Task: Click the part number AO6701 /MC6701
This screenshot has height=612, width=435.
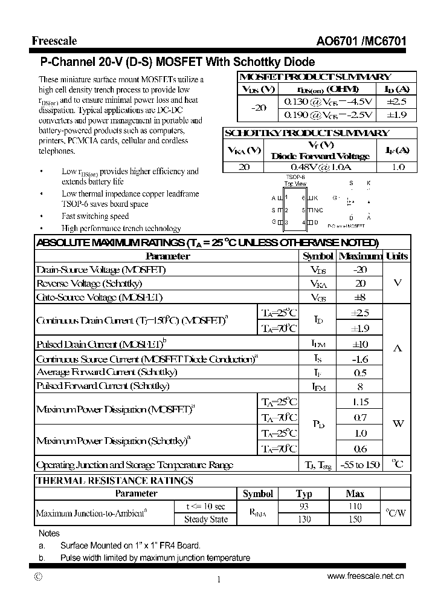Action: click(x=361, y=41)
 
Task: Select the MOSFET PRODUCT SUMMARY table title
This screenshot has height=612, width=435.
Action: click(x=315, y=77)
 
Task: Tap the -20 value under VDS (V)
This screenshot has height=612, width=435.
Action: click(x=259, y=108)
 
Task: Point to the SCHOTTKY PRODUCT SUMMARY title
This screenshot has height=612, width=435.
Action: click(x=306, y=133)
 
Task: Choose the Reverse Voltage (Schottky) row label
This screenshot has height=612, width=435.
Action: click(x=89, y=283)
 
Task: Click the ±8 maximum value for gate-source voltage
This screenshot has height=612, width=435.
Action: click(x=360, y=297)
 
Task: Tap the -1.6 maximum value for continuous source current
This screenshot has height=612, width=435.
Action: click(x=360, y=359)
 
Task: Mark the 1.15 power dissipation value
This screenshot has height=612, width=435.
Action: click(x=360, y=402)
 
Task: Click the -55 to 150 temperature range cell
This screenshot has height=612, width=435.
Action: click(x=360, y=464)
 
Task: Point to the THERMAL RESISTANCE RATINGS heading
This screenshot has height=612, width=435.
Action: click(x=115, y=481)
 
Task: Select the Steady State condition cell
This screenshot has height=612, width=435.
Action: click(x=205, y=519)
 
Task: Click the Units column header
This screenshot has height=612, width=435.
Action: click(x=397, y=256)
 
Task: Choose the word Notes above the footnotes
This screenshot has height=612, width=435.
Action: click(x=49, y=533)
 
